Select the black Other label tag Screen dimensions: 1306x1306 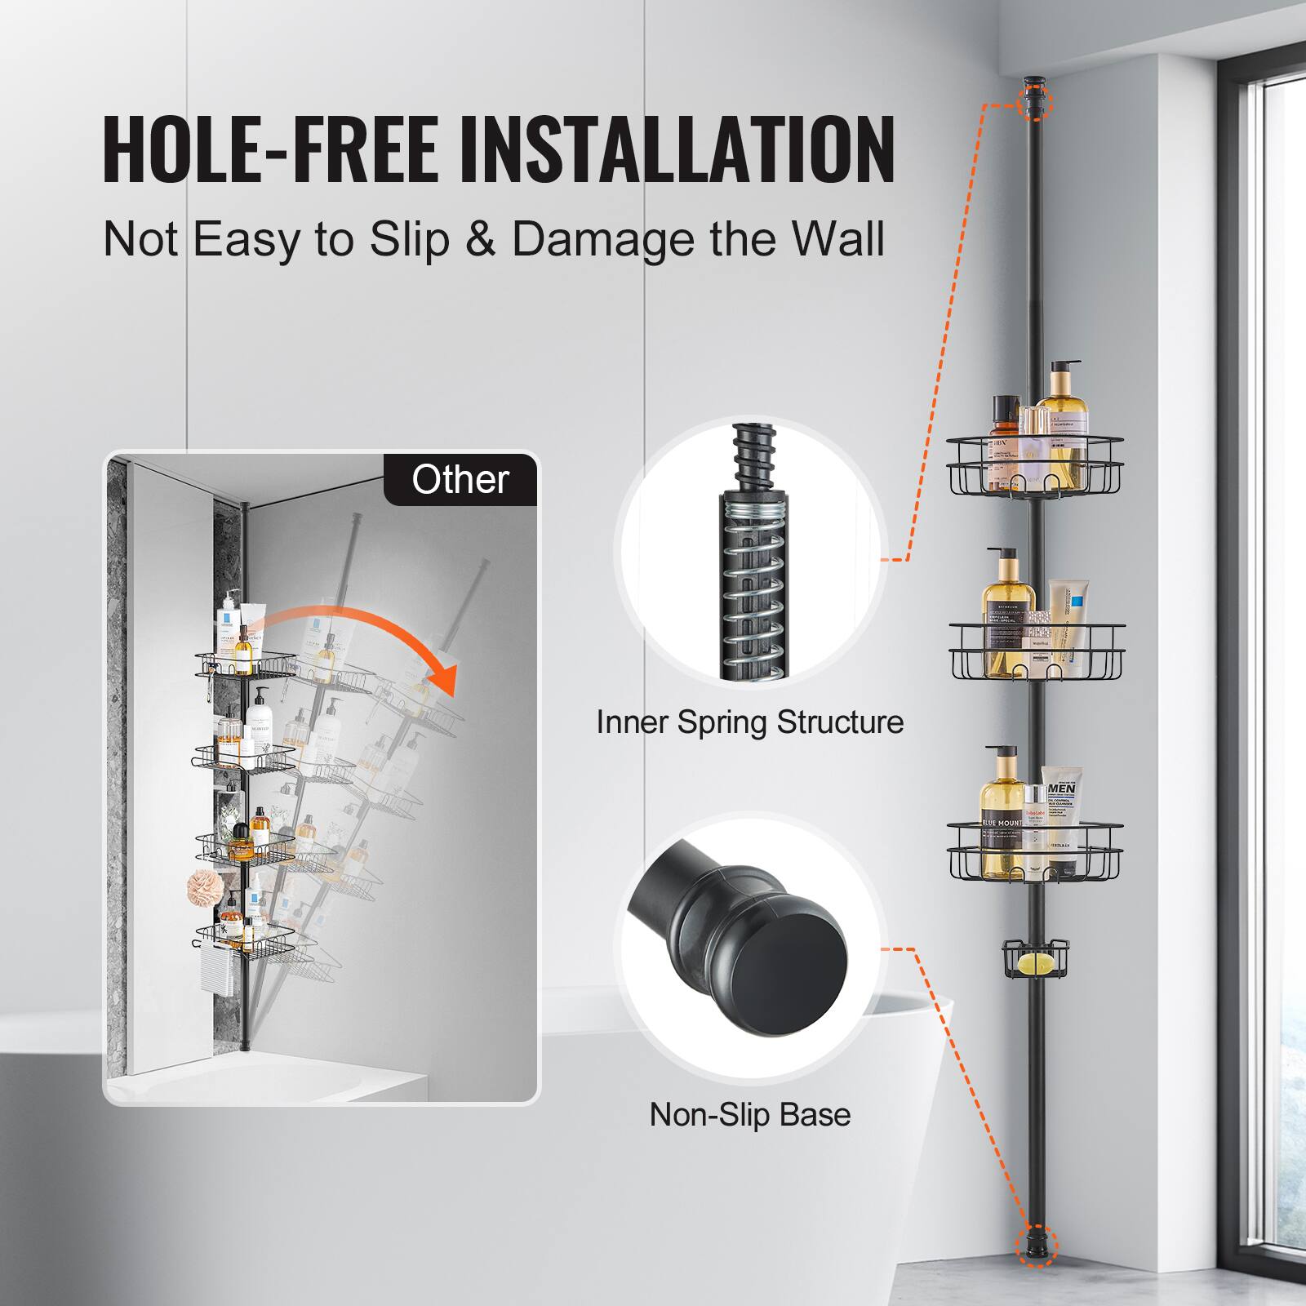click(460, 479)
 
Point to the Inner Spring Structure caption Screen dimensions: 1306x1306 click(749, 722)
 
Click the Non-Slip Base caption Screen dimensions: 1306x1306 click(749, 1114)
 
